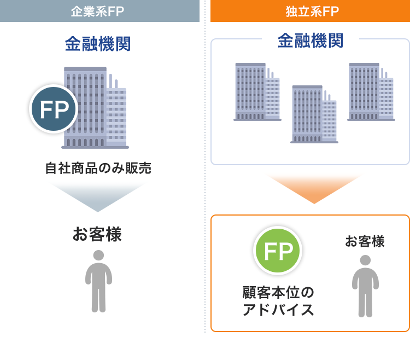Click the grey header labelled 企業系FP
(99, 11)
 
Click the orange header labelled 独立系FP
(310, 11)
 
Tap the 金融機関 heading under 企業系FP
(98, 44)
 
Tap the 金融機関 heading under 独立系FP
(311, 40)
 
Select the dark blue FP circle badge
(54, 109)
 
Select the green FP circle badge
(278, 251)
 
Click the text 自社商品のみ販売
(98, 168)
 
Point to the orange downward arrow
(314, 189)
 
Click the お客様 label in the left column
(97, 234)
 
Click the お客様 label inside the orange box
(365, 241)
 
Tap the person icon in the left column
(98, 281)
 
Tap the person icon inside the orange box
(365, 286)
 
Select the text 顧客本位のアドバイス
(278, 301)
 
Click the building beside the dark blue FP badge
(95, 108)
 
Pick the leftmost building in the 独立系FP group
(257, 92)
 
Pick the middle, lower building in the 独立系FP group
(314, 114)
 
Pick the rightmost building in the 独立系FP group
(371, 92)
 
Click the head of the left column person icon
(98, 256)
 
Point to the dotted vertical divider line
(205, 166)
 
